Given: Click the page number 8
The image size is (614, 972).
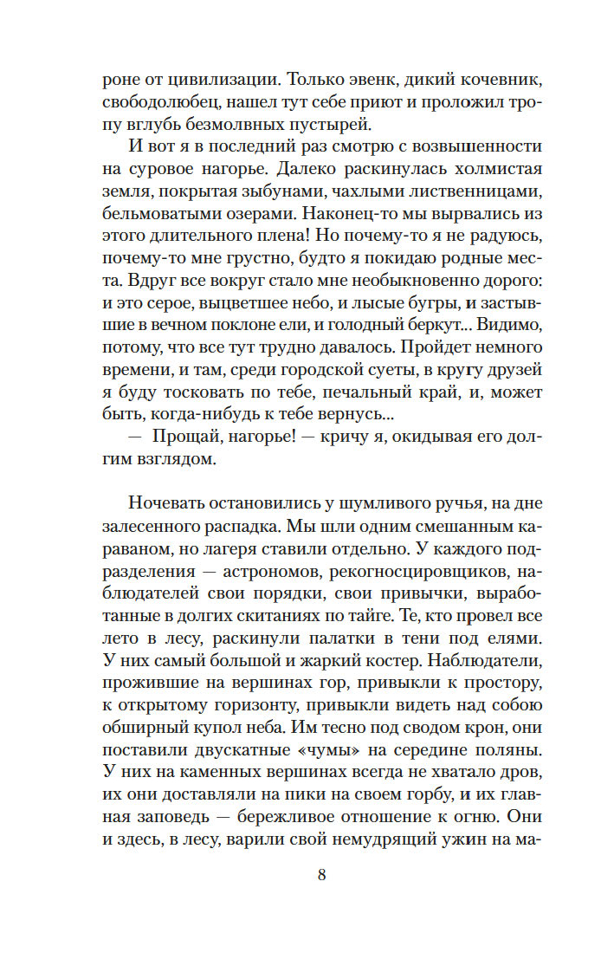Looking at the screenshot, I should pos(321,874).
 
